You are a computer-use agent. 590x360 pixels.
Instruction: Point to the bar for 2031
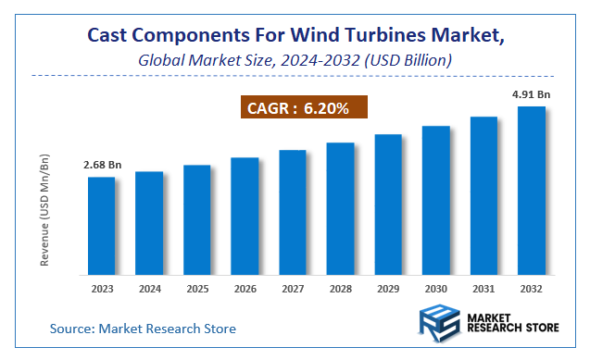[x=483, y=195]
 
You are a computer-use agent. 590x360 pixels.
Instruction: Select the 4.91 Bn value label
[x=531, y=94]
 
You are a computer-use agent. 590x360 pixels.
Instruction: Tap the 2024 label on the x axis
[x=149, y=289]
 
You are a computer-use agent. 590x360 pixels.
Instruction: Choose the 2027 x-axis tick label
[x=293, y=289]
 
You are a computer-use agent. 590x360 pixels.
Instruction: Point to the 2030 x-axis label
[x=435, y=289]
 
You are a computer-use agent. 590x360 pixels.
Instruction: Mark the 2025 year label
[x=197, y=289]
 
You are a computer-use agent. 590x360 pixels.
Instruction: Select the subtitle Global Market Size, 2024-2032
[x=295, y=61]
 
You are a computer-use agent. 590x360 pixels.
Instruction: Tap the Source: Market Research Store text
[x=143, y=329]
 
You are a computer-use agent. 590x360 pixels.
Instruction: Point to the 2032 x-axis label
[x=531, y=289]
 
